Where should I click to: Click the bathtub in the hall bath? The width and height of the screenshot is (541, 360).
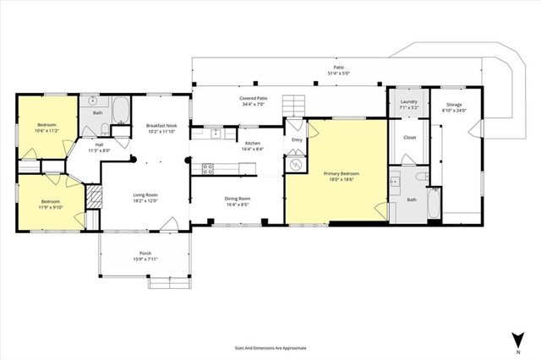[120, 111]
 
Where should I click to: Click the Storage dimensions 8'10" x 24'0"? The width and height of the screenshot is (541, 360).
[454, 111]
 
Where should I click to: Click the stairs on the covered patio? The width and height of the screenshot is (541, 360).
[292, 105]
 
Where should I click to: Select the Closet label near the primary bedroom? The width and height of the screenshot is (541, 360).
[409, 137]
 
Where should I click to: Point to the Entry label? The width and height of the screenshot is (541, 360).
[297, 140]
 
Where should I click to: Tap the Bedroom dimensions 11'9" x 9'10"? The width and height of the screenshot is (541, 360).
[51, 206]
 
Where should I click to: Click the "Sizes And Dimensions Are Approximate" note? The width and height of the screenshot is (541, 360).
[270, 347]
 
